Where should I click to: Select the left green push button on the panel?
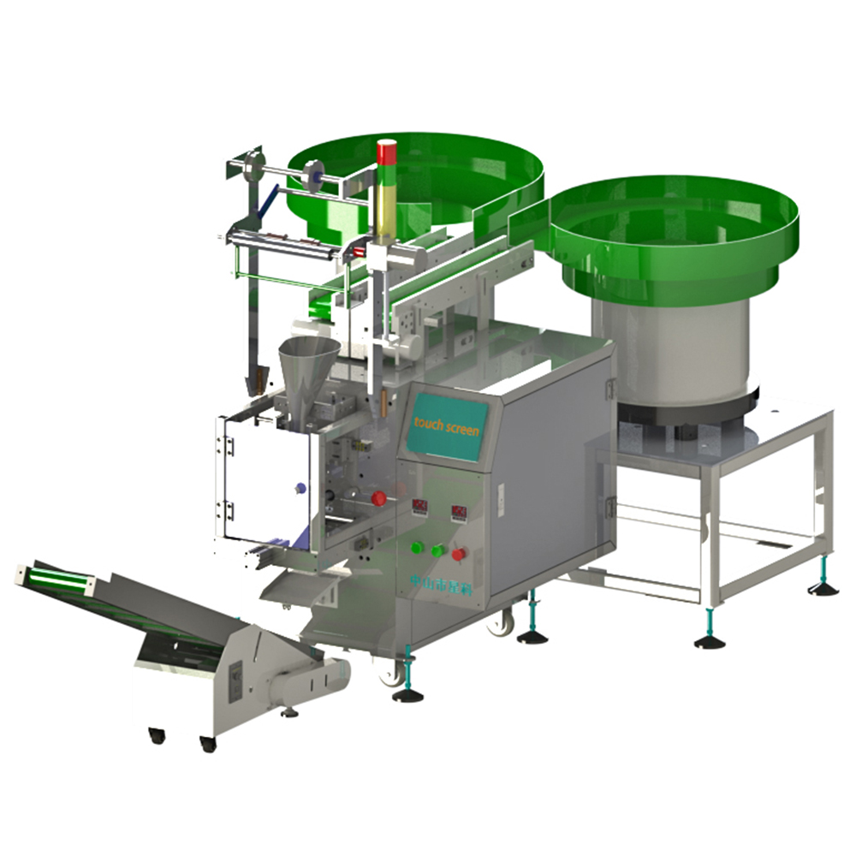(419, 548)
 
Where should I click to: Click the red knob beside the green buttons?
(459, 554)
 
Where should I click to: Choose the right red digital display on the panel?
(459, 513)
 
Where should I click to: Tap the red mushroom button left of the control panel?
(377, 497)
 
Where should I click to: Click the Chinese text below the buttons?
(433, 581)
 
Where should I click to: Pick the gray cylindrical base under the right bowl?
(669, 351)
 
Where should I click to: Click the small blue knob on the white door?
(299, 488)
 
